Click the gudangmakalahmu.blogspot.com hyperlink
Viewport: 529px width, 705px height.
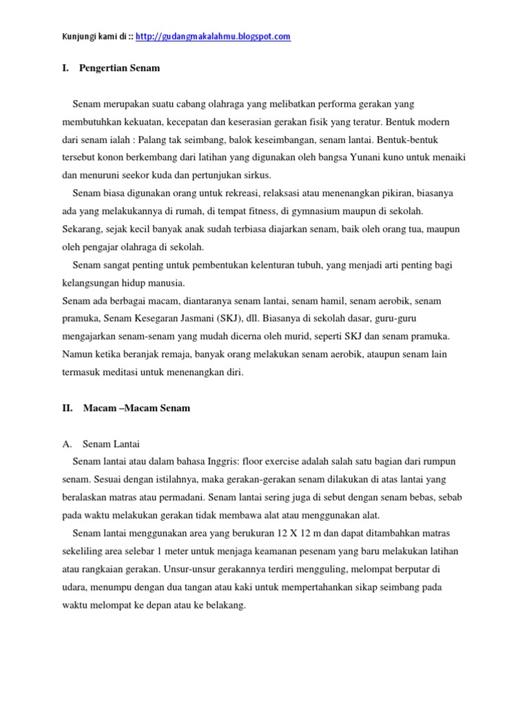(x=214, y=36)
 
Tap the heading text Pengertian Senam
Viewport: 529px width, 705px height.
(x=121, y=68)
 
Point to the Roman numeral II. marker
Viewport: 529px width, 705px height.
(x=68, y=408)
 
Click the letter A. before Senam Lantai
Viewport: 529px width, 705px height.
(x=67, y=444)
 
